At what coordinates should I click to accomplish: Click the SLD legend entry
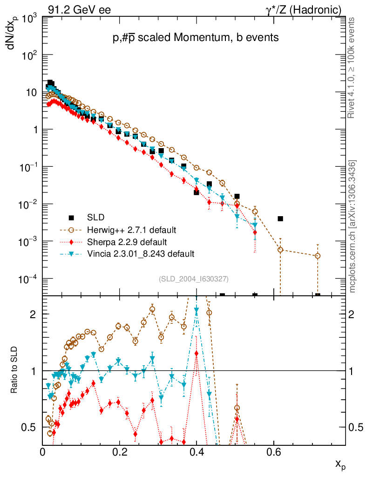95,217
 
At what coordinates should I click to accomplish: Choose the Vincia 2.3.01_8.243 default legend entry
140,254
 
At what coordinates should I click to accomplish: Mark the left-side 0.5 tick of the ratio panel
29,427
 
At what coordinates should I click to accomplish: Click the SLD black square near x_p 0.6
280,218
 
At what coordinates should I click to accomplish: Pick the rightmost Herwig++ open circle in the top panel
318,256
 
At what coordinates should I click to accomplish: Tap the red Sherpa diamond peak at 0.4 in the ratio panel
197,354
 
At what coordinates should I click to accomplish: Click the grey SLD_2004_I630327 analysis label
193,279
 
